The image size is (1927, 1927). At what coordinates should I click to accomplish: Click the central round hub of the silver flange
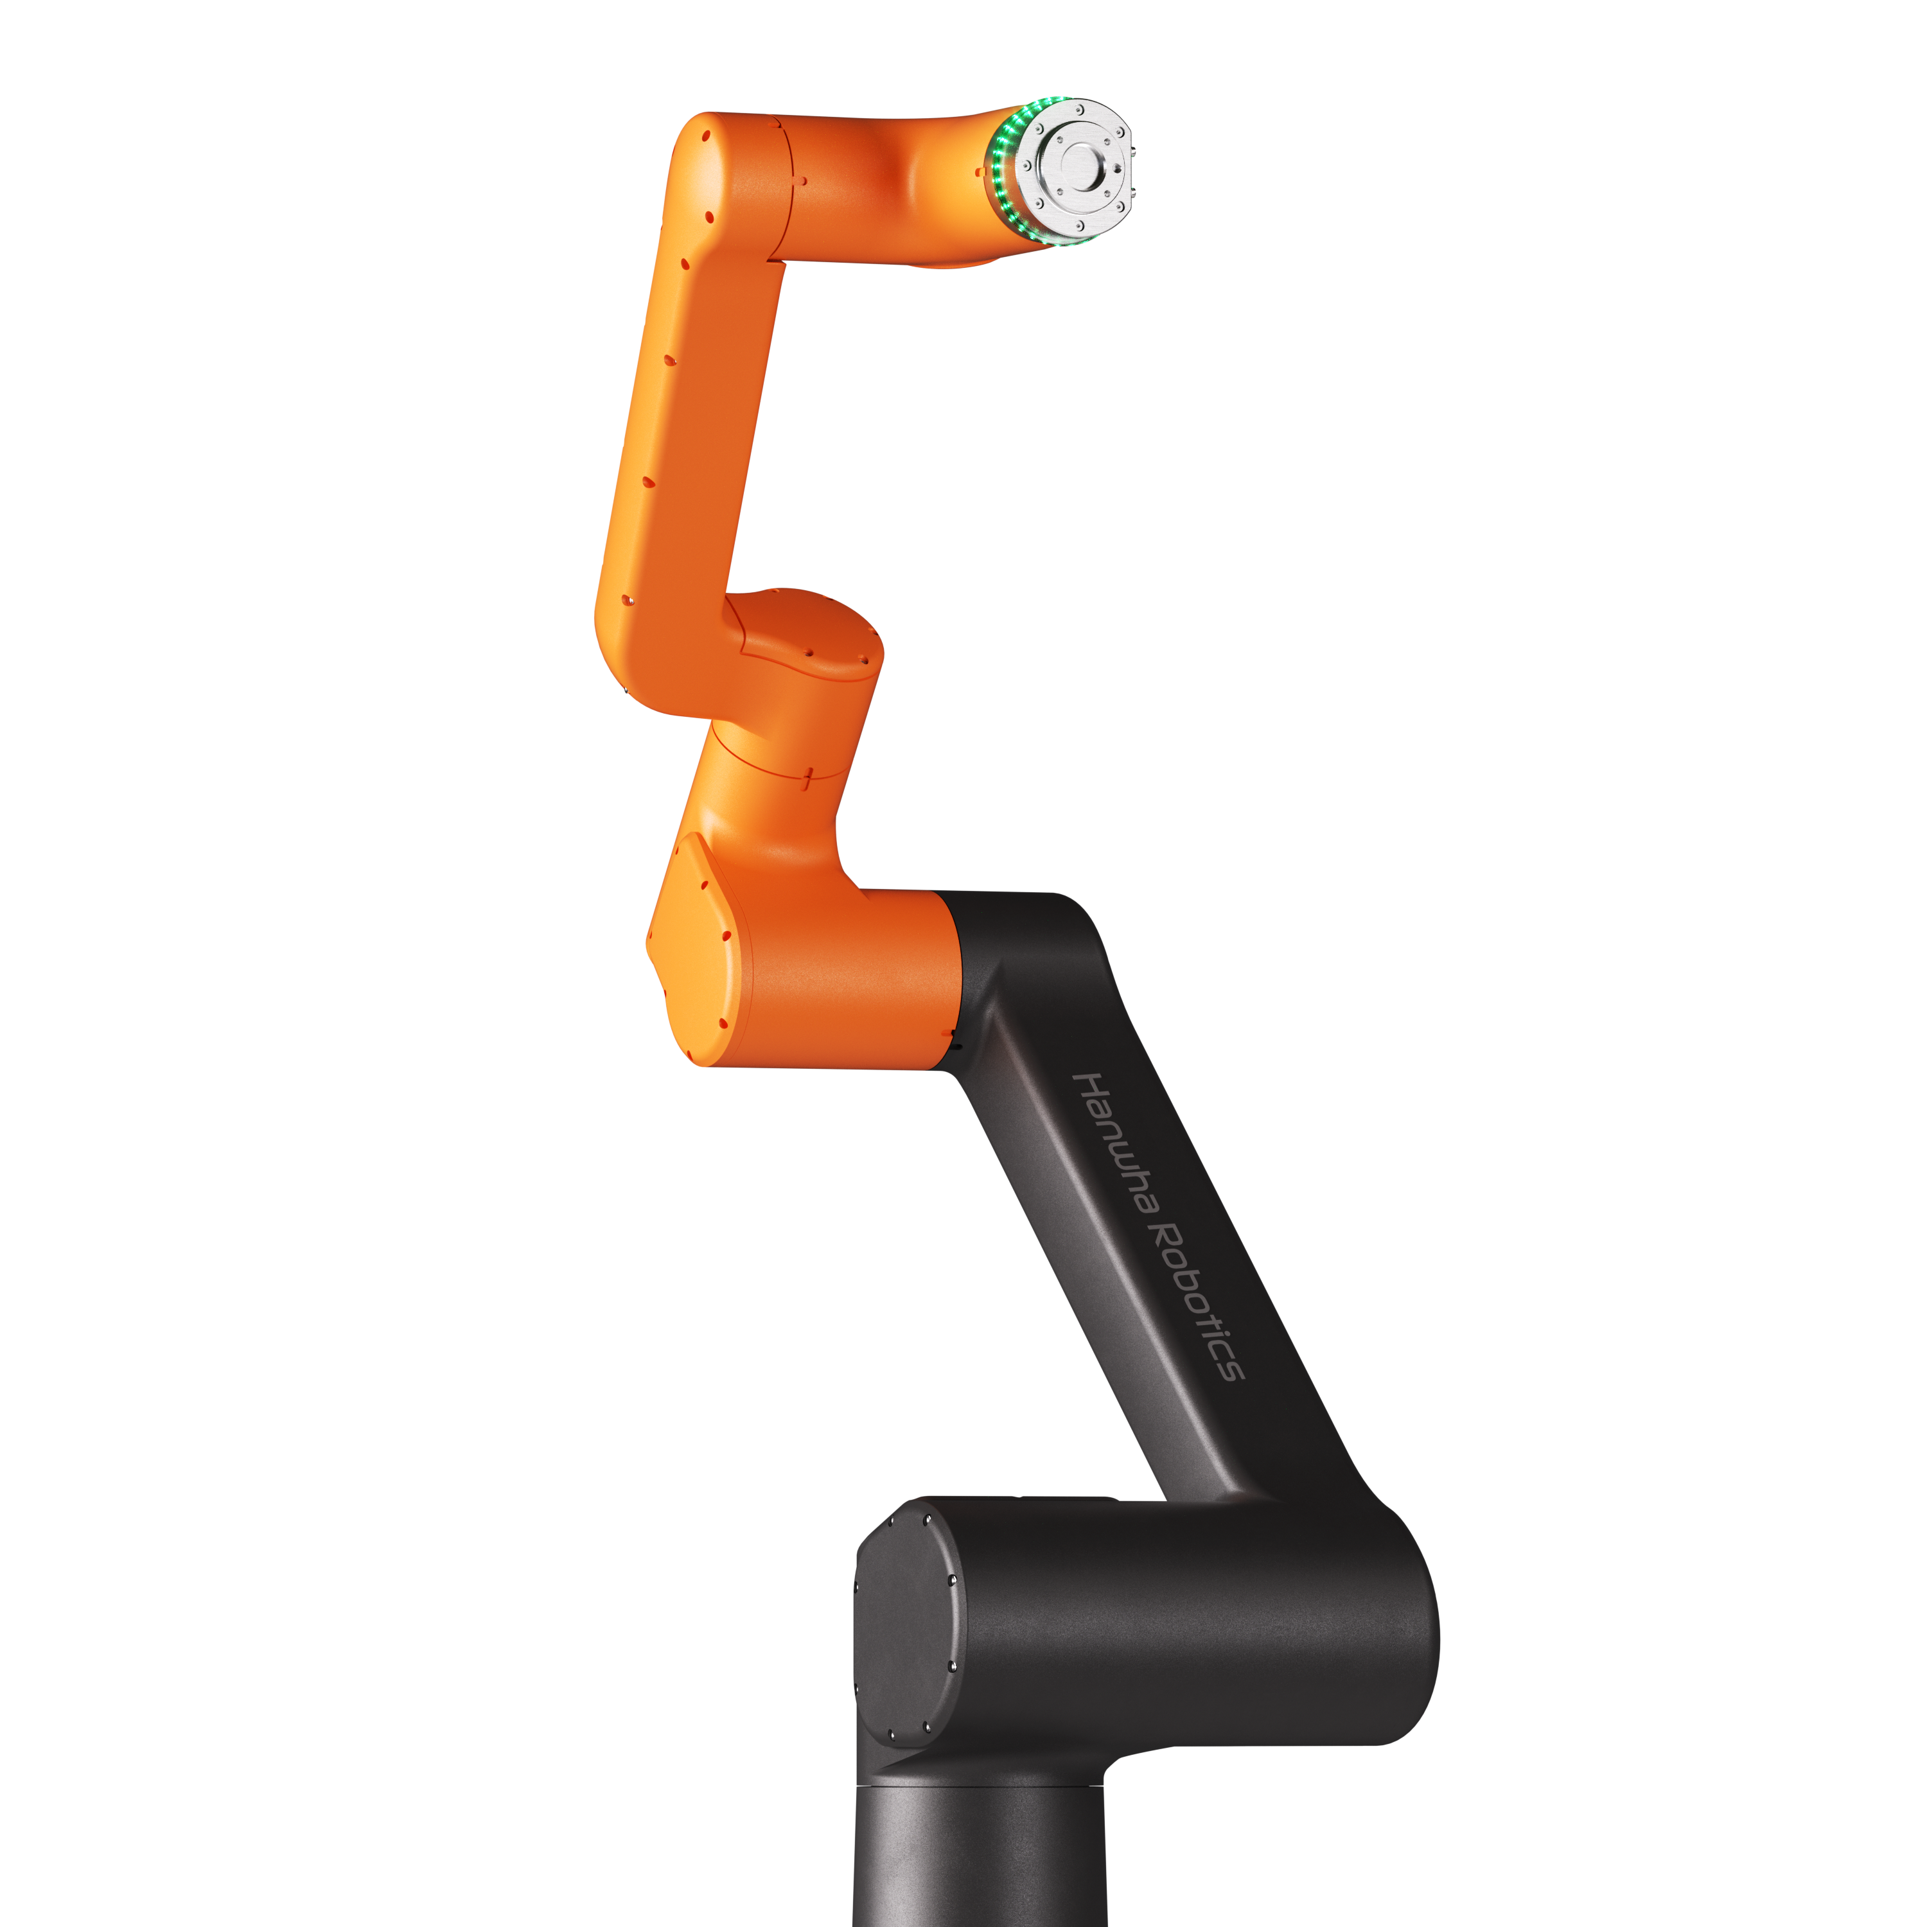[x=1078, y=162]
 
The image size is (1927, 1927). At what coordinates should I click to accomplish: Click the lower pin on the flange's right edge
[x=1133, y=184]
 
